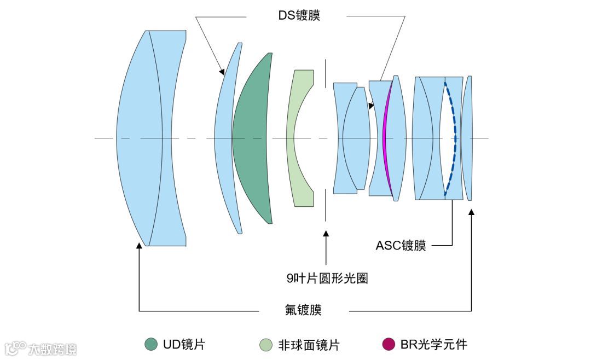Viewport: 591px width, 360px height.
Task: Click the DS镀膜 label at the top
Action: (298, 15)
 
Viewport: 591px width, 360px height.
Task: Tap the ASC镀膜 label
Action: (400, 246)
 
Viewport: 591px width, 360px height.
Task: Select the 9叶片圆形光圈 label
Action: (327, 278)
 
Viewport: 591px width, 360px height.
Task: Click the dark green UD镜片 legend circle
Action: (151, 344)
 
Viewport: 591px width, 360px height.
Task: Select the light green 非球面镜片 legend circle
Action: (265, 345)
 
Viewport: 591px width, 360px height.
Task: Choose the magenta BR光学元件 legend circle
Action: (388, 344)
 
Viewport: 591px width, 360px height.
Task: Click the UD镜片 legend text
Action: (183, 344)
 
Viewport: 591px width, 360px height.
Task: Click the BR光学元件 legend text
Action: (433, 344)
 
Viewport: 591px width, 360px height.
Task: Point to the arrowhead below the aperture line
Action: (327, 234)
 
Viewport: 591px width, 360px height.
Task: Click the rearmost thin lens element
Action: (467, 138)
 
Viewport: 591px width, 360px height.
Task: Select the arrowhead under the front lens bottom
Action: (140, 247)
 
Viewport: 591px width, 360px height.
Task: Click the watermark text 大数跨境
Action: (52, 349)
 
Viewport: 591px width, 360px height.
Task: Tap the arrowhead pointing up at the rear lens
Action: (471, 212)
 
